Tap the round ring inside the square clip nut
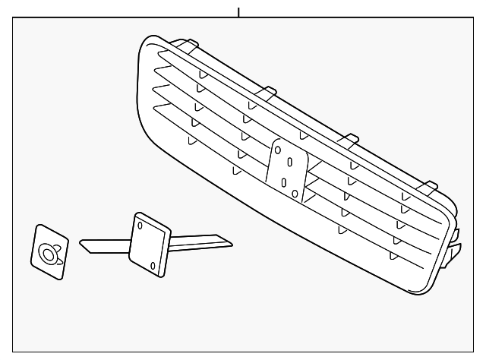coord(48,254)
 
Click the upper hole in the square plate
coord(140,226)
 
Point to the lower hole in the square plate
coord(153,264)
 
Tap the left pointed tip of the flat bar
coord(82,245)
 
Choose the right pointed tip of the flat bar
coord(230,242)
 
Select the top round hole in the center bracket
coord(278,150)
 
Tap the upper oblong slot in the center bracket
coord(289,162)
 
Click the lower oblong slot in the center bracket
coord(283,182)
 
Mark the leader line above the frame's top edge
coord(238,12)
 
